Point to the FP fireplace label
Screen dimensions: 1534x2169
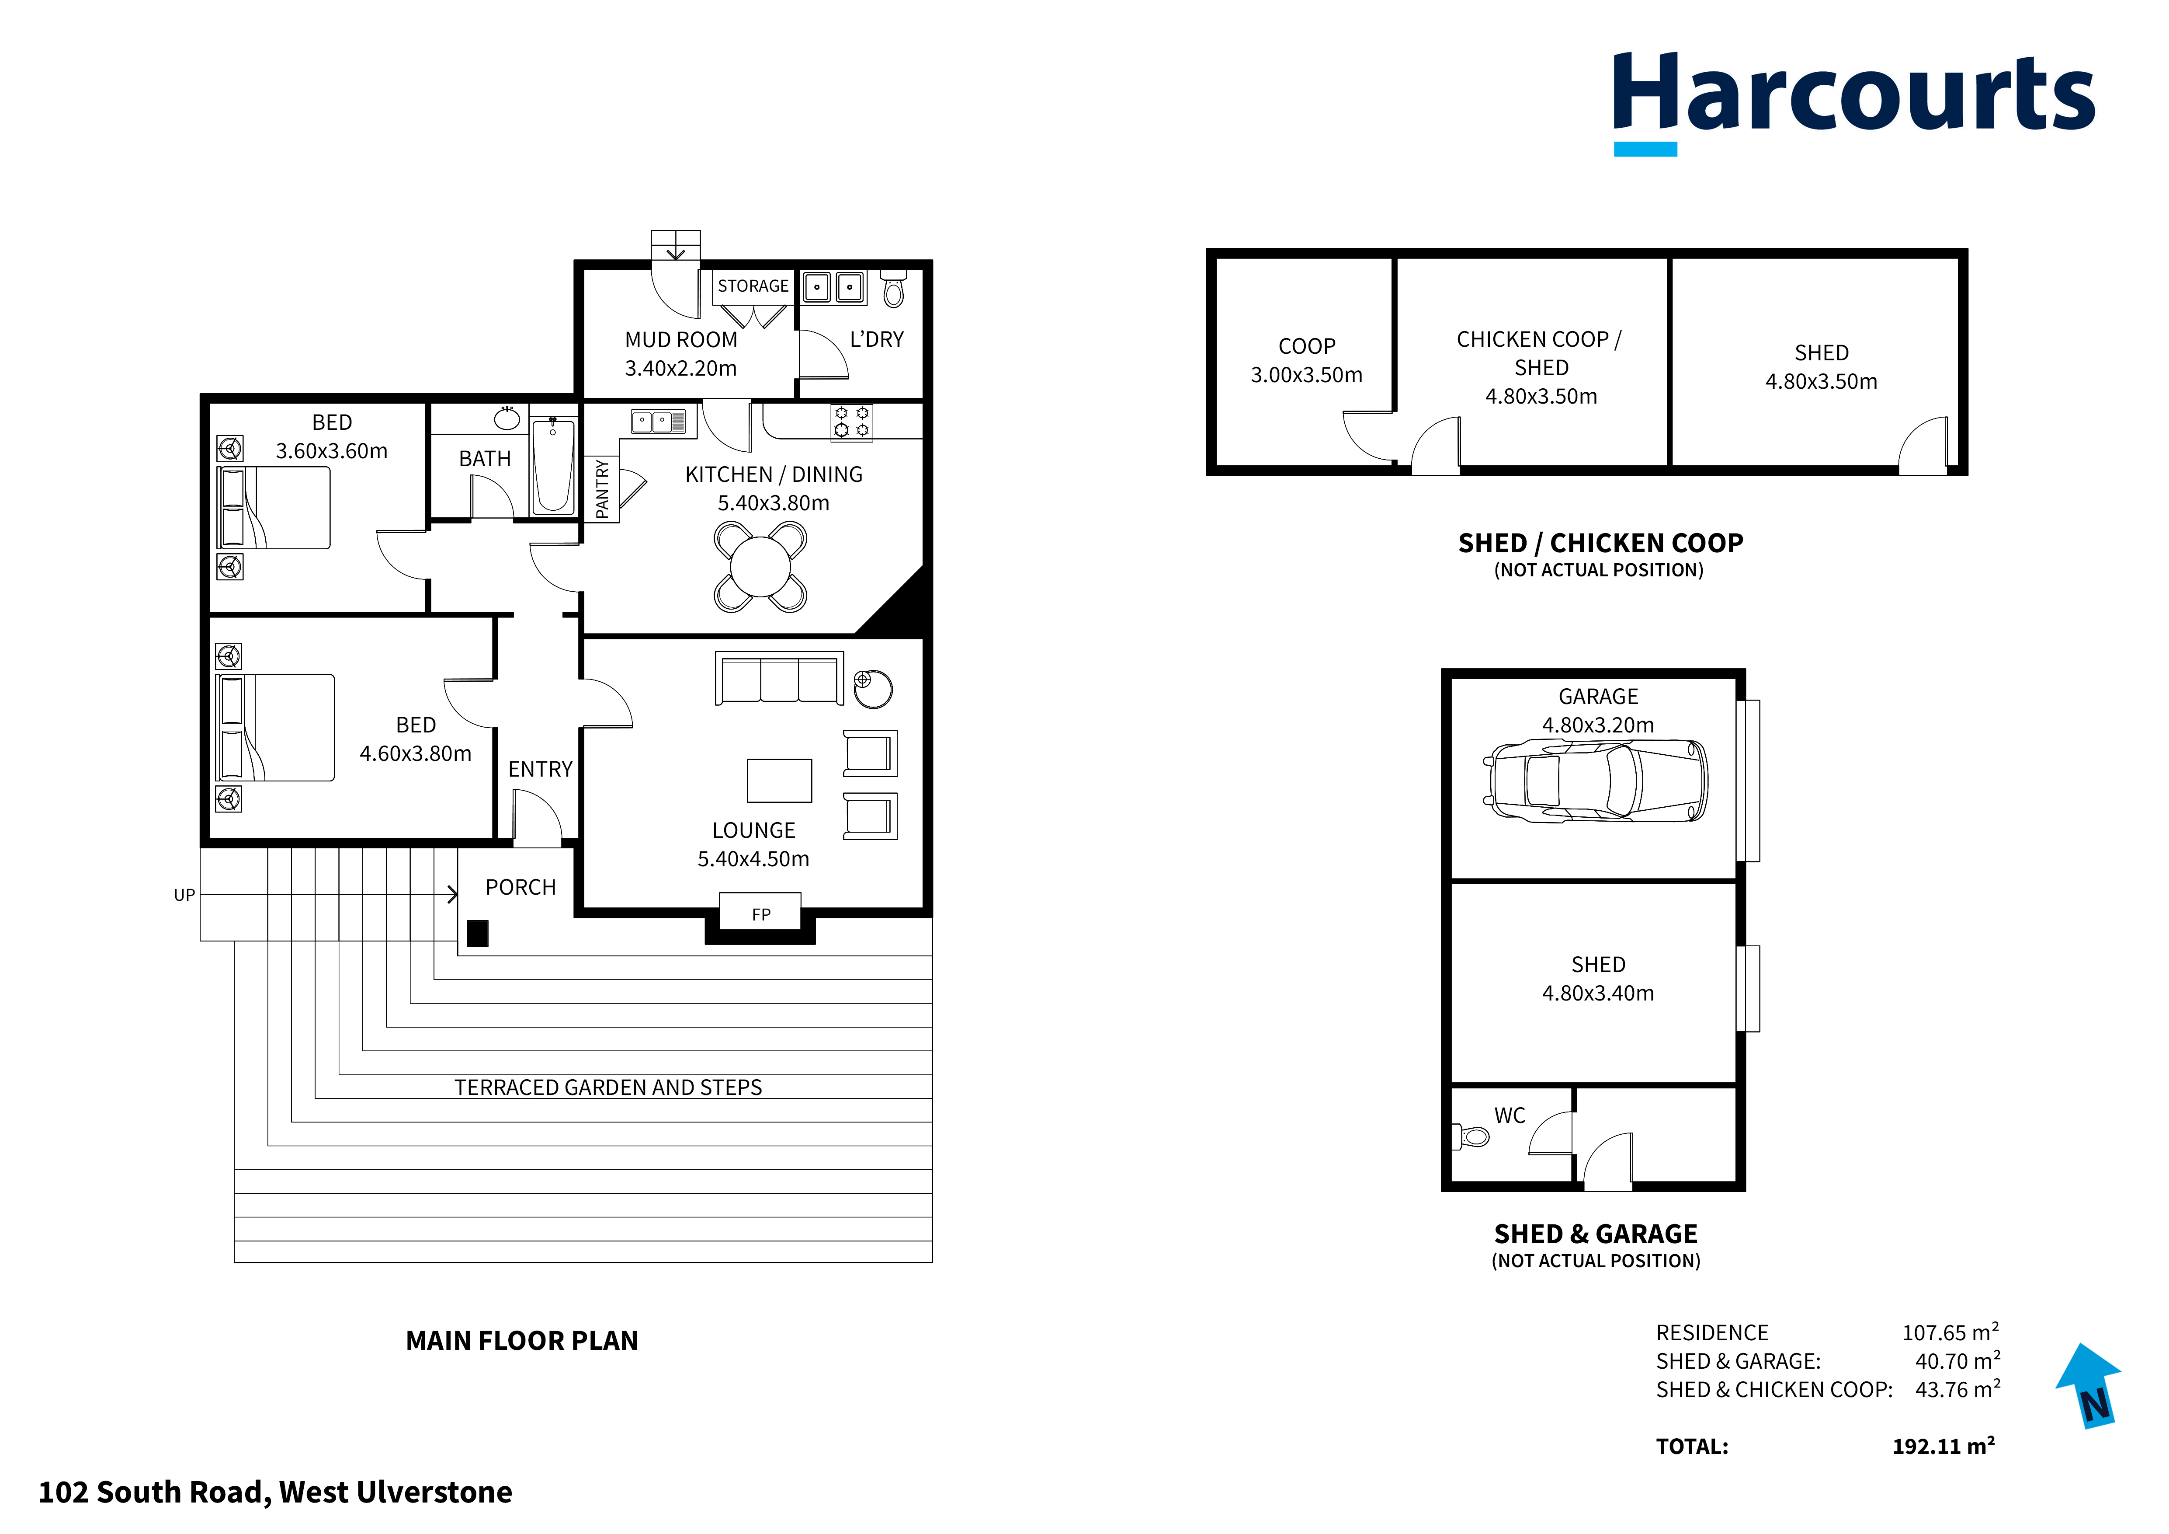coord(760,914)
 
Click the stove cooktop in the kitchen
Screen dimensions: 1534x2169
coord(851,422)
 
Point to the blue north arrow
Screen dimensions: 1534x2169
coord(2091,1384)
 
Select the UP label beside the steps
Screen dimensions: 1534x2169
coord(184,895)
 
